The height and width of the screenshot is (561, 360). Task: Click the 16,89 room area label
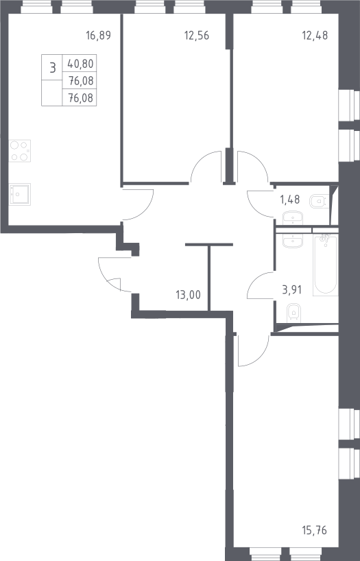[x=99, y=36]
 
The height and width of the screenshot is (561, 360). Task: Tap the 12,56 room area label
[x=197, y=36]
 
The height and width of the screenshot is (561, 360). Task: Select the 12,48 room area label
[x=315, y=36]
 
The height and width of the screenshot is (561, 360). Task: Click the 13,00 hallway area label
[x=188, y=295]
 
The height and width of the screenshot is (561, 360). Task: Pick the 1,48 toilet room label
[x=290, y=200]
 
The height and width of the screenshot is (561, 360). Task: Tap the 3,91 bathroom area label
[x=291, y=289]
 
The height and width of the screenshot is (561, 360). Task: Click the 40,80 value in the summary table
[x=80, y=64]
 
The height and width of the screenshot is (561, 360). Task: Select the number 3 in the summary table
[x=53, y=67]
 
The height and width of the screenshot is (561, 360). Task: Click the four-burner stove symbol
[x=20, y=151]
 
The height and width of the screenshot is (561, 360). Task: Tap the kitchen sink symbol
[x=20, y=194]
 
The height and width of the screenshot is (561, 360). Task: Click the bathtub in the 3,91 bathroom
[x=325, y=265]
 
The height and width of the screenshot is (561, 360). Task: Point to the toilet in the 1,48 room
[x=317, y=201]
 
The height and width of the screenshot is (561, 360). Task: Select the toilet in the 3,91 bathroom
[x=293, y=313]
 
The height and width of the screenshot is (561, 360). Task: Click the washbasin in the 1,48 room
[x=293, y=218]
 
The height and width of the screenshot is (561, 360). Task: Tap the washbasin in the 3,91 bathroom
[x=293, y=241]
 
